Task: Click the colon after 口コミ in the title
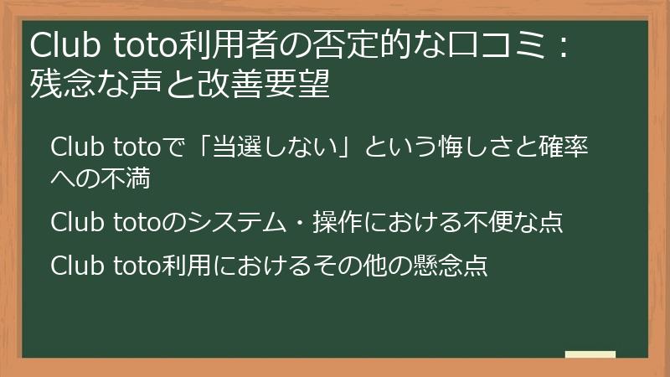tap(564, 44)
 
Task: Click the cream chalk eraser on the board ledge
tap(590, 354)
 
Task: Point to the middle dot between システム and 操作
tap(299, 223)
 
